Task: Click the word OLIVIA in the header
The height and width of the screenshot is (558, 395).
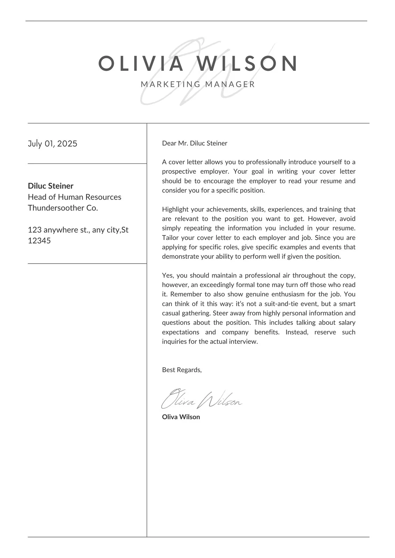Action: click(141, 63)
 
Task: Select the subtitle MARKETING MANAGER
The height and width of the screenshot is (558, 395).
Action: click(198, 84)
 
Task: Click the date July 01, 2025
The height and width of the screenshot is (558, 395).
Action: click(52, 144)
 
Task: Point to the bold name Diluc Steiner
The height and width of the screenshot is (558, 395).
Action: click(51, 186)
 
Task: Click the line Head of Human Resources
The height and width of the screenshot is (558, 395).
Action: click(74, 197)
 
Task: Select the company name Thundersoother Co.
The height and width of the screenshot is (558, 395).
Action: click(63, 208)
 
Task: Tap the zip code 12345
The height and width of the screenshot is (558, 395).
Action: click(39, 241)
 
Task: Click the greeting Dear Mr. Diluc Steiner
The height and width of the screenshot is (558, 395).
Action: click(195, 143)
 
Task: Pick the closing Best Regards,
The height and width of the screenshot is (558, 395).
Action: click(182, 370)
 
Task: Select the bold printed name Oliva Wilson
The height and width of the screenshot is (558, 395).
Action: click(181, 417)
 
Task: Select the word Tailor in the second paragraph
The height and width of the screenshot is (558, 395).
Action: click(170, 238)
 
